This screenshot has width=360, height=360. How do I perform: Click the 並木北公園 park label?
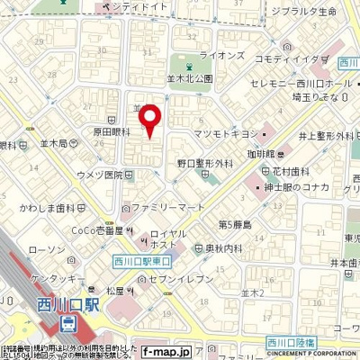(189, 79)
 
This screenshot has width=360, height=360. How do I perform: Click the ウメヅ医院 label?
(99, 174)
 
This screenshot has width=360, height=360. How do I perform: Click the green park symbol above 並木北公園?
(188, 67)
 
